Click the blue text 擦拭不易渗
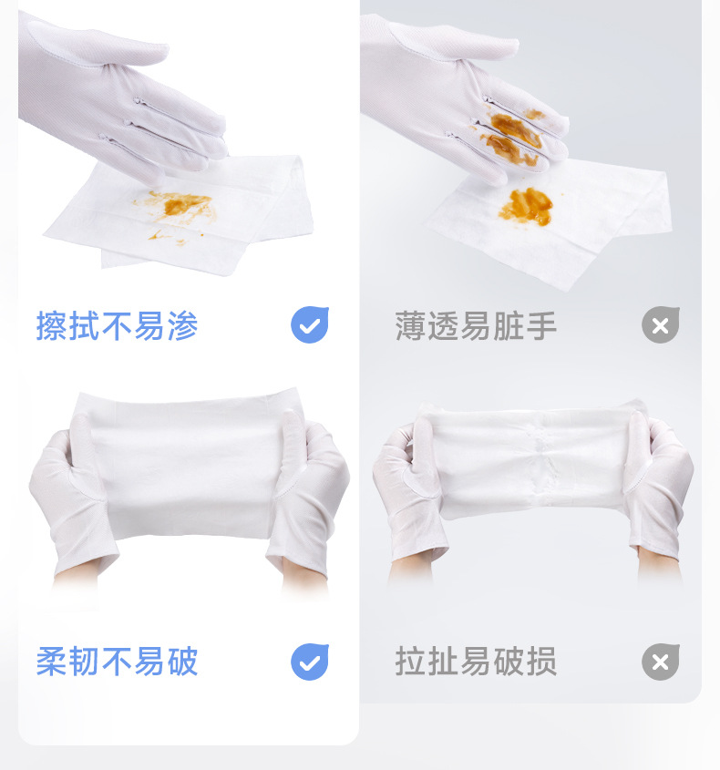pos(117,325)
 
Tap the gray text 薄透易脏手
pos(476,325)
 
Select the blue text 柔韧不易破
pos(117,662)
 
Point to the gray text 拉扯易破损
pos(476,662)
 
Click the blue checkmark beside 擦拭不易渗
pos(310,325)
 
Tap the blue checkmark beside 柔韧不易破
pos(310,662)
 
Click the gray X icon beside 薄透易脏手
pos(661,325)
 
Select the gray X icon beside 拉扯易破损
pos(661,662)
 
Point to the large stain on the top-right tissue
pos(526,206)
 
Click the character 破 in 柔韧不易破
pos(181,662)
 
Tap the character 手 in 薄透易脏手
pos(540,325)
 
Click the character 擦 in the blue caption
pos(51,325)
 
